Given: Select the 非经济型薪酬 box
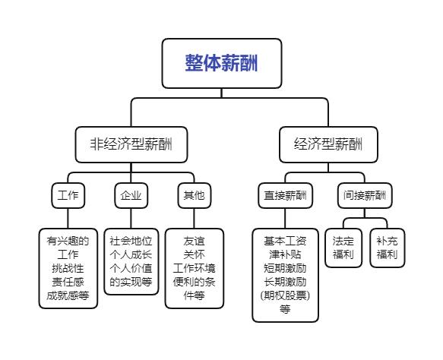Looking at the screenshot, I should (132, 144).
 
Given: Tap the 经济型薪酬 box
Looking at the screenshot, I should (328, 144).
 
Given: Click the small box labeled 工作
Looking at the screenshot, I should (68, 195).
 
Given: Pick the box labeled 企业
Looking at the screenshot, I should (131, 195).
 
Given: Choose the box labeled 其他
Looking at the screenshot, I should (194, 195).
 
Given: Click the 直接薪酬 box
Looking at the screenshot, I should (285, 195).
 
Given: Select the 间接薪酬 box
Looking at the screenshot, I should (365, 195).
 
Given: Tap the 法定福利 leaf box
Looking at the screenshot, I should (343, 247).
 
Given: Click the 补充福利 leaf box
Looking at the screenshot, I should (387, 247).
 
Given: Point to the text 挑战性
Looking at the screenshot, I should (68, 268).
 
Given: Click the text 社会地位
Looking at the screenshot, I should (131, 240).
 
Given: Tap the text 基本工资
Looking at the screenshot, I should (285, 240).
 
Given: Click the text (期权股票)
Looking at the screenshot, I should (285, 295).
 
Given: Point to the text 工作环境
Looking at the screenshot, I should (195, 268).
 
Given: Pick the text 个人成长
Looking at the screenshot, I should (131, 254).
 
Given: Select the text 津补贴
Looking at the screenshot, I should (285, 254).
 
